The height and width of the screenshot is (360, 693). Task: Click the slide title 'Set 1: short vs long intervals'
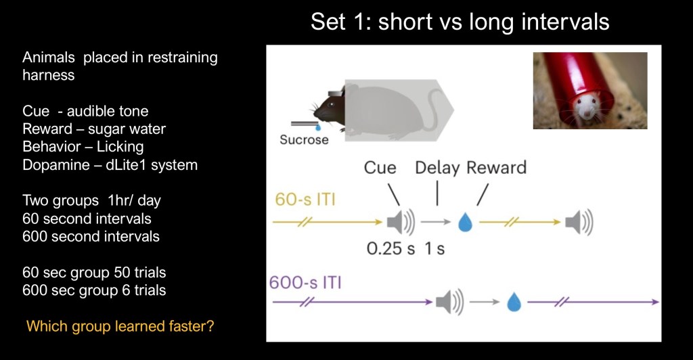point(460,21)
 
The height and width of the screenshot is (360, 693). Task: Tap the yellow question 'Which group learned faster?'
point(120,326)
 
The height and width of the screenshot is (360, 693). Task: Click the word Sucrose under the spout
point(304,139)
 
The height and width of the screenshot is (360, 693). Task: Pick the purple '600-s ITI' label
point(305,282)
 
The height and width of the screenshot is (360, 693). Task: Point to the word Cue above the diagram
point(380,167)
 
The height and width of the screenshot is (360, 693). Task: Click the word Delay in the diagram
point(437,168)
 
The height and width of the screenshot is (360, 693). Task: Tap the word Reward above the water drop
point(497,167)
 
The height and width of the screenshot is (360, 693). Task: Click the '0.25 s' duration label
point(390,248)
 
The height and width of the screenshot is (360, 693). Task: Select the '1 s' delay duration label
point(434,248)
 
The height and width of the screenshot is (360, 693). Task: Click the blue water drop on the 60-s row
point(465,222)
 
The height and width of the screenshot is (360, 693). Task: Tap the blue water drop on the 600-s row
point(514,302)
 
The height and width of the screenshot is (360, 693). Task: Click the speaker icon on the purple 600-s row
point(449,302)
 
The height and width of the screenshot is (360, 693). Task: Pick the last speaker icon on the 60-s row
point(579,222)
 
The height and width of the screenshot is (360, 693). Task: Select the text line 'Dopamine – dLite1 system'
point(110,164)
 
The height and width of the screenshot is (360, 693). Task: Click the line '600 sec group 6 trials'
point(94,290)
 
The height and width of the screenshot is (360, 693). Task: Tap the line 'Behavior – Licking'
point(83,147)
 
